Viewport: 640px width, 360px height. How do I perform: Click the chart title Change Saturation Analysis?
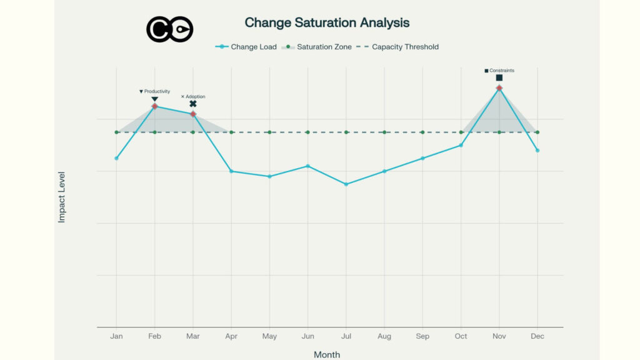327,23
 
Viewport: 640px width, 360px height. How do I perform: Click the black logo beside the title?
170,29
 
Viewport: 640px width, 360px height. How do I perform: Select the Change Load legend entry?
246,47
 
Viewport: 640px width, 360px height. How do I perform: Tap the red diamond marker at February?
154,106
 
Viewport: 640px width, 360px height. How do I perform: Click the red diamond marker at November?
499,88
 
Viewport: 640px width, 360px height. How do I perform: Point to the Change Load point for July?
346,184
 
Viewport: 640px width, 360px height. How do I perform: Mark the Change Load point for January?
117,158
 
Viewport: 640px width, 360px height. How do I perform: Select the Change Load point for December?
537,151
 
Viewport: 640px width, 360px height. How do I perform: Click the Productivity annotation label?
154,91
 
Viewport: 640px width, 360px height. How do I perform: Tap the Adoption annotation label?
193,97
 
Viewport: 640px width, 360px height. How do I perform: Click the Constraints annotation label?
499,71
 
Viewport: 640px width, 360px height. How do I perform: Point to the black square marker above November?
499,78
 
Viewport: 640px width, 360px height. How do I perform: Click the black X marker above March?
193,104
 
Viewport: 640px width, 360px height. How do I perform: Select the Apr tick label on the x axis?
231,336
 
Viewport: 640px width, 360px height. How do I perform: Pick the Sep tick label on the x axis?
422,336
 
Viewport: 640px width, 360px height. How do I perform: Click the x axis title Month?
327,354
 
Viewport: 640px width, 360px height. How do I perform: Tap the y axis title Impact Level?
62,197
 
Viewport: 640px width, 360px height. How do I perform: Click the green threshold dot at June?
307,132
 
